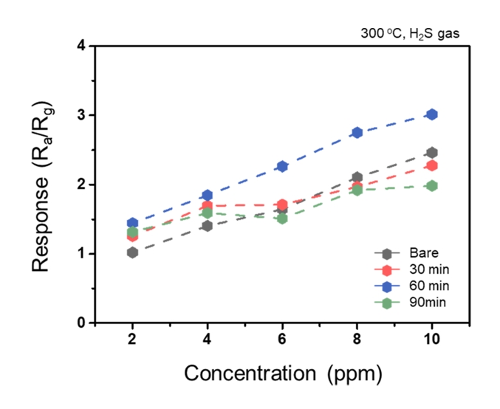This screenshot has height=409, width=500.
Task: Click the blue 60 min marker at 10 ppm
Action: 431,114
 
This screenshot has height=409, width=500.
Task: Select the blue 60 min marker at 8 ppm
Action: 357,132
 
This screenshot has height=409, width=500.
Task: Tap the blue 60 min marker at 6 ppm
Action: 281,166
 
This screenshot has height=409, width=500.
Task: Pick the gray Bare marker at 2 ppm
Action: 132,252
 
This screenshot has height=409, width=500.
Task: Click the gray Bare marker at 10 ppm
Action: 431,153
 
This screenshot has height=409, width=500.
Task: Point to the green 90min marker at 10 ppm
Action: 431,185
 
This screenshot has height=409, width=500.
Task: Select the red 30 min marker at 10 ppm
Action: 431,165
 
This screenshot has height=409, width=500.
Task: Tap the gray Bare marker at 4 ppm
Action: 207,226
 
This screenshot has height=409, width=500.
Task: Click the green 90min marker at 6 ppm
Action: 281,219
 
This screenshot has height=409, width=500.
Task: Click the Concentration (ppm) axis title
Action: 283,374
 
